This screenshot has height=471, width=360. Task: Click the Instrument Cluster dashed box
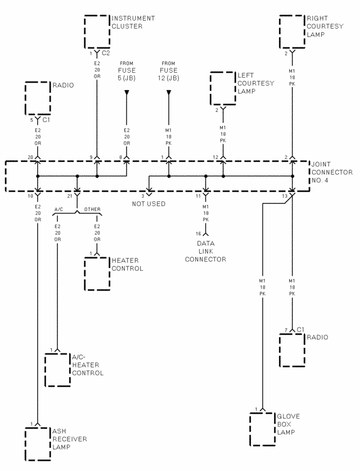click(97, 32)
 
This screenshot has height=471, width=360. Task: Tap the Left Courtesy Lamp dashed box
click(223, 88)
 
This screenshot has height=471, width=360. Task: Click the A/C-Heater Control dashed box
click(57, 370)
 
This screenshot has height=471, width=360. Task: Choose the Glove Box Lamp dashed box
click(262, 429)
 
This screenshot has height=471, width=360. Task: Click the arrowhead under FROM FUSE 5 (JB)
click(127, 92)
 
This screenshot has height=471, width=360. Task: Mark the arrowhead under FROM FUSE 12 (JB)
click(169, 92)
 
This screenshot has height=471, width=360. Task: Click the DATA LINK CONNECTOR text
click(205, 252)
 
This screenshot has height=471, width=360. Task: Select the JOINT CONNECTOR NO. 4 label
click(332, 172)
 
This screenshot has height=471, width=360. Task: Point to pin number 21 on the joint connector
click(70, 196)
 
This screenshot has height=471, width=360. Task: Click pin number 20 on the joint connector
click(30, 157)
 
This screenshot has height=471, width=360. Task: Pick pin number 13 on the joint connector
click(285, 196)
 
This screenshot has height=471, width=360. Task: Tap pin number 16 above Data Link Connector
click(199, 233)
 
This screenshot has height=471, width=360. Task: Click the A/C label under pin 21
click(58, 209)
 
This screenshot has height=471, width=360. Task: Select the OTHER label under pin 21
click(92, 209)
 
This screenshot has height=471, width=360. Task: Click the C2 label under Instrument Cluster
click(106, 53)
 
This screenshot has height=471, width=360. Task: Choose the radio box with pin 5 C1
click(38, 99)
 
